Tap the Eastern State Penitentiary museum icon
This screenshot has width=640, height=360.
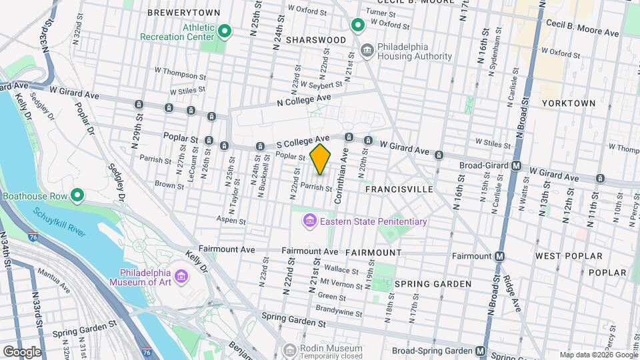(309, 221)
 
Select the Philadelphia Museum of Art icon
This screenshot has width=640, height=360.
(181, 276)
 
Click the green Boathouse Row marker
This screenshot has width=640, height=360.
(77, 195)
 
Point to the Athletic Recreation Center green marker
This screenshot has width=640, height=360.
(225, 31)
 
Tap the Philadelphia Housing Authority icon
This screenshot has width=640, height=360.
(366, 51)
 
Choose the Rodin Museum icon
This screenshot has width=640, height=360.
(289, 349)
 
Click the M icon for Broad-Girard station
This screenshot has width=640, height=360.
(516, 165)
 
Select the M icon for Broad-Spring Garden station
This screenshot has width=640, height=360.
(481, 351)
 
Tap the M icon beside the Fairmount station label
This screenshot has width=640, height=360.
(499, 255)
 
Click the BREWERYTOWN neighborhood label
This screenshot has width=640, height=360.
(174, 13)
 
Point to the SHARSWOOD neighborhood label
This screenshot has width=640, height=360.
(316, 40)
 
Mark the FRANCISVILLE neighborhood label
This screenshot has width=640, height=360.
(399, 189)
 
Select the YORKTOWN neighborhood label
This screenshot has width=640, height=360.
(568, 103)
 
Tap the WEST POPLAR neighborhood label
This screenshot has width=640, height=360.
(568, 255)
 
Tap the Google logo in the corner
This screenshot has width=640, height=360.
(22, 351)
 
